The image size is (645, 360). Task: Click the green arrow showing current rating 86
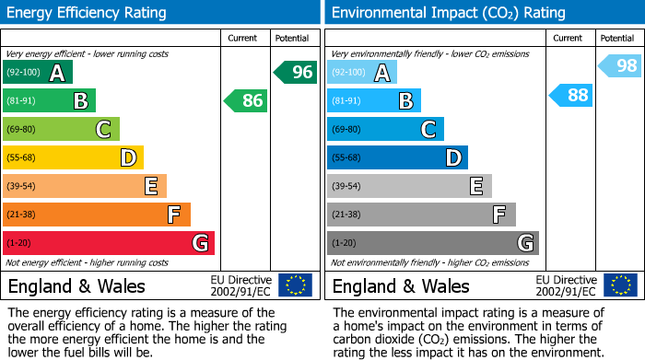[x=247, y=100]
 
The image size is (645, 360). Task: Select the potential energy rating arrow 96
[x=296, y=72]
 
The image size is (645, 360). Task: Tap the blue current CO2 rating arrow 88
[x=571, y=95]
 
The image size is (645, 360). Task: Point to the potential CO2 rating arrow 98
[x=621, y=65]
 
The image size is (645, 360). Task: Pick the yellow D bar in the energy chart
[x=73, y=157]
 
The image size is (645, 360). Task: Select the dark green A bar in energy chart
[x=38, y=72]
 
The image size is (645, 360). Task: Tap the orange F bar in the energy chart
[x=97, y=215]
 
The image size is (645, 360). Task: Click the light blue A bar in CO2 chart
[x=362, y=72]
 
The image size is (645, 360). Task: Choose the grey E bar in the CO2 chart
[x=409, y=186]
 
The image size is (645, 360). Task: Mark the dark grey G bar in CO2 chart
[x=432, y=243]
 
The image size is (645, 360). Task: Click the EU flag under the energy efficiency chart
[x=295, y=285]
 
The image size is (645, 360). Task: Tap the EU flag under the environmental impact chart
[x=619, y=285]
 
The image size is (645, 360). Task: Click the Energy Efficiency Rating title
[x=88, y=13]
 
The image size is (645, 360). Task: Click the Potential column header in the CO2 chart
[x=617, y=38]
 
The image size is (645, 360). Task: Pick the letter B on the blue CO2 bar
[x=405, y=100]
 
